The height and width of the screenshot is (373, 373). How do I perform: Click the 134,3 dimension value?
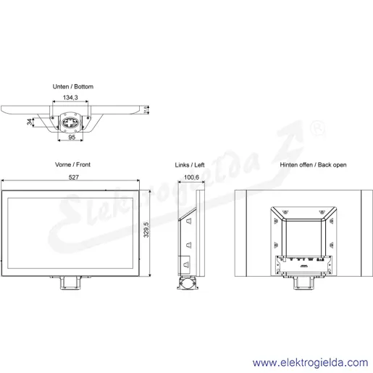tap(70, 98)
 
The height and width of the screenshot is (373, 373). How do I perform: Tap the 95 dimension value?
tap(72, 137)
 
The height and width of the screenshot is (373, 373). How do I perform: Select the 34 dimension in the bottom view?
tap(30, 122)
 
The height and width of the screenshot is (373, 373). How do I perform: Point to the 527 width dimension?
tap(73, 177)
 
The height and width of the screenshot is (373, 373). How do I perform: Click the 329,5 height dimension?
tap(146, 230)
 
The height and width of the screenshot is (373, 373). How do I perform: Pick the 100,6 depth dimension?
tap(191, 177)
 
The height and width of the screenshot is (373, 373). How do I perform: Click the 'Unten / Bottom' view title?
tap(73, 86)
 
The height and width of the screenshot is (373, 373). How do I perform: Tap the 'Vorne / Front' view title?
tap(72, 164)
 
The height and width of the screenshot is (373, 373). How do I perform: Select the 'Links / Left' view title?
tap(190, 165)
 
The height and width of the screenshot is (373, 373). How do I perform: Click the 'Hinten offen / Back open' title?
tap(313, 164)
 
